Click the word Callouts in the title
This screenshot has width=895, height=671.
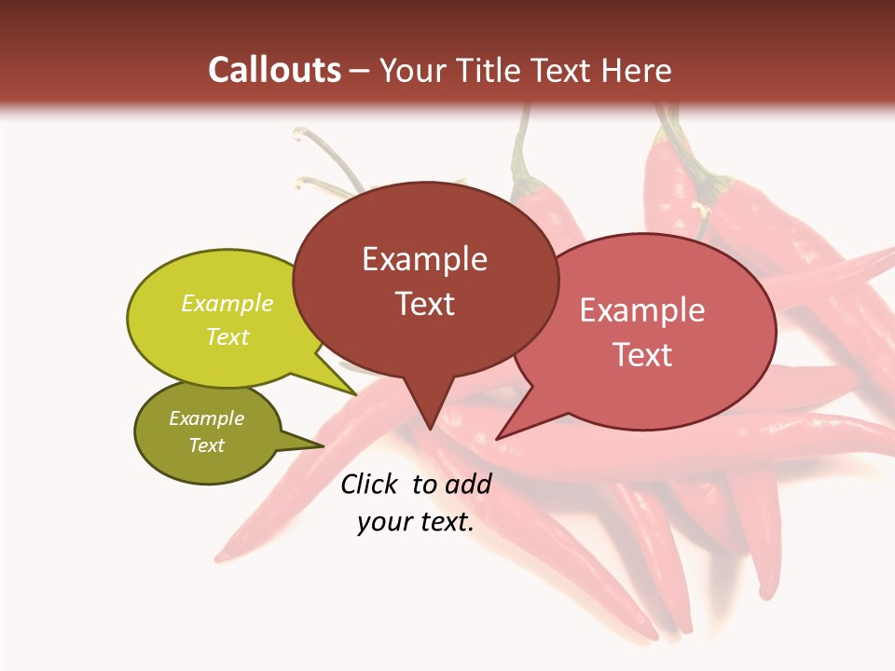pyautogui.click(x=274, y=70)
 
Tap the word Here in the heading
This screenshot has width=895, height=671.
pyautogui.click(x=639, y=70)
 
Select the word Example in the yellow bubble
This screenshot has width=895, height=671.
pyautogui.click(x=227, y=304)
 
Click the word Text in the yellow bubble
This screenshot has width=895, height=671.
pyautogui.click(x=227, y=337)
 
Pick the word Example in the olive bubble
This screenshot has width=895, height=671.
pyautogui.click(x=207, y=418)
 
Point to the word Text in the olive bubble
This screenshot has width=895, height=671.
pyautogui.click(x=207, y=445)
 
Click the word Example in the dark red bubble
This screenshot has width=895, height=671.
pyautogui.click(x=424, y=259)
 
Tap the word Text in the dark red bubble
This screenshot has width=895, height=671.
pyautogui.click(x=424, y=304)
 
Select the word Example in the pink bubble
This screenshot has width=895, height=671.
pyautogui.click(x=642, y=310)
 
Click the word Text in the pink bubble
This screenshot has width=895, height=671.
pyautogui.click(x=642, y=355)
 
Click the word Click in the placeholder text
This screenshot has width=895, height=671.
pyautogui.click(x=370, y=484)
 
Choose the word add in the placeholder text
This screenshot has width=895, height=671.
pyautogui.click(x=469, y=484)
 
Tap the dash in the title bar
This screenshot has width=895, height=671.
pyautogui.click(x=360, y=71)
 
